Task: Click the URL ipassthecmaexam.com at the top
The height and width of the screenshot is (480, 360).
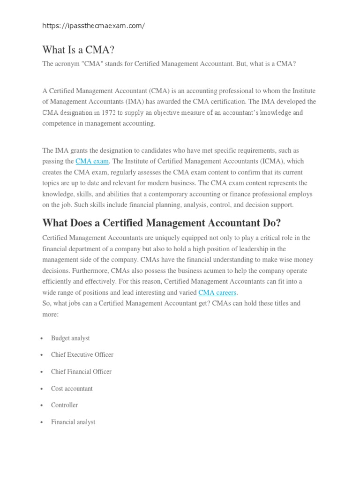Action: coord(93,26)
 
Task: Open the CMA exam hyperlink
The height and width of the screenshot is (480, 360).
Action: coord(92,161)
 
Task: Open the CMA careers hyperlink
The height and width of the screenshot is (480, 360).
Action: coord(217,292)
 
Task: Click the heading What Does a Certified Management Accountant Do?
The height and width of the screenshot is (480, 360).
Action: coord(161,222)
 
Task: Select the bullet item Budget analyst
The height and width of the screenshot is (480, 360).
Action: coord(70,338)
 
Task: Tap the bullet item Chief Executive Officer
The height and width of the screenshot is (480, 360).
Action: coord(82,355)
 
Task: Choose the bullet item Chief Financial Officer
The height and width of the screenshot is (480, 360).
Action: coord(81,372)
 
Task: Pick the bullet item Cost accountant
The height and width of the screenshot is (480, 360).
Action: coord(72,389)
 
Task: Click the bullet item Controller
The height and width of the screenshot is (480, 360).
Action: coord(65,405)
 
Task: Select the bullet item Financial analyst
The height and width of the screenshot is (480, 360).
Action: coord(73,422)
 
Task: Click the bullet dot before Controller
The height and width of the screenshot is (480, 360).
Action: coord(42,405)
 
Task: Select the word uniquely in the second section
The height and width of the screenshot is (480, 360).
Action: coord(169,238)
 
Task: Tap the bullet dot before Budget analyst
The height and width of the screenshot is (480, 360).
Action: coord(42,338)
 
